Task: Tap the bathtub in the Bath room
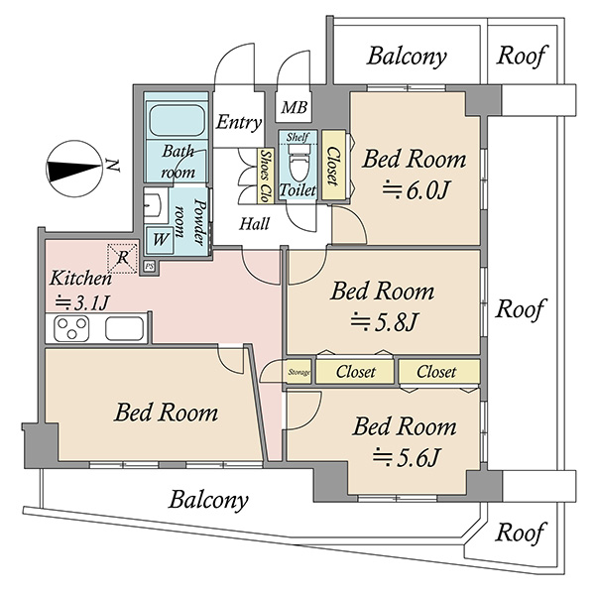pos(177,120)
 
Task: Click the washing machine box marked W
pos(160,240)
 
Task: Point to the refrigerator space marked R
pos(122,259)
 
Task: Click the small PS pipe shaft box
pos(150,266)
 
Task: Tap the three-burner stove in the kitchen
pos(71,328)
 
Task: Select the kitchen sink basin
pos(124,328)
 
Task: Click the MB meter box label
pos(295,107)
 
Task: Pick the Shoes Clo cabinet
pos(266,176)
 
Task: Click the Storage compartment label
pos(299,372)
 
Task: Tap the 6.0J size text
pos(416,189)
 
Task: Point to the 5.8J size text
pos(384,321)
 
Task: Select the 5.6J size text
pos(406,457)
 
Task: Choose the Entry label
pos(239,122)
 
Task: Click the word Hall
pos(254,223)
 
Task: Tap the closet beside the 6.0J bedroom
pos(333,165)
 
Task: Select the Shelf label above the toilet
pos(297,137)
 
